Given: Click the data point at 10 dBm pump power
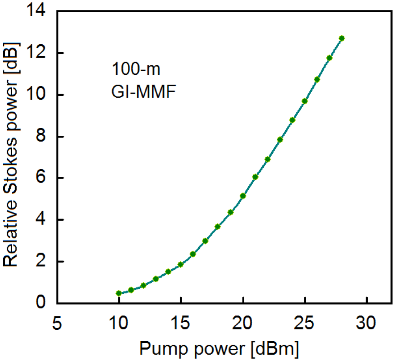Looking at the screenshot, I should tap(119, 293).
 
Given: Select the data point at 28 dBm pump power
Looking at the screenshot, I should tap(342, 38).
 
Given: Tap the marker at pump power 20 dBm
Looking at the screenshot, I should tap(243, 196).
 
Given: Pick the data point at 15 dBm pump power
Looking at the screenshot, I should tap(181, 265).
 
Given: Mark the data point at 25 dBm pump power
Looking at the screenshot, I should tap(305, 101).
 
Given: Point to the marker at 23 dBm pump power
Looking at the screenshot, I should tap(280, 140).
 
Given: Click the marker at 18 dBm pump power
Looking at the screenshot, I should tap(218, 226).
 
